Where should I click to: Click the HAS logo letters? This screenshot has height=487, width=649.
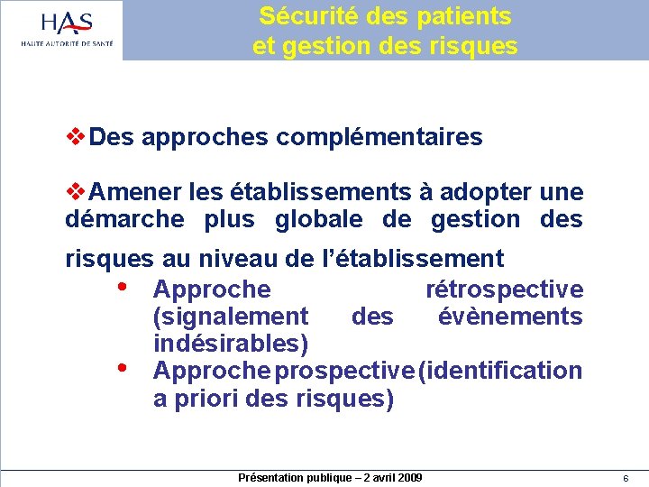click(67, 23)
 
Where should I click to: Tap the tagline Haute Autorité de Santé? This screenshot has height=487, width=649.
click(67, 42)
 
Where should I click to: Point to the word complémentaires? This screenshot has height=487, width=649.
click(379, 137)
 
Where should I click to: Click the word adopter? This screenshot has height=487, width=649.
click(484, 192)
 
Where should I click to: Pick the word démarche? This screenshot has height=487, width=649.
click(124, 219)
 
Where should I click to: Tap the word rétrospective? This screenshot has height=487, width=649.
click(504, 289)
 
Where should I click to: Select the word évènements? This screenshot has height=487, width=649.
click(510, 317)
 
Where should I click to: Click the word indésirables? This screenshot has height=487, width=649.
click(231, 344)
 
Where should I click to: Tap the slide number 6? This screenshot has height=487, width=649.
click(625, 478)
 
